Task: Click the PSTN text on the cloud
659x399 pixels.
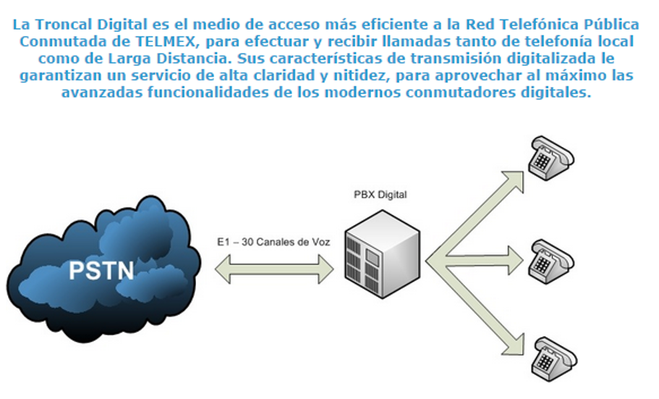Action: pos(101,270)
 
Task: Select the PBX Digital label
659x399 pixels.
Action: pos(380,196)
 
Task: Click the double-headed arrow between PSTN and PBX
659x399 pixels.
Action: pos(275,270)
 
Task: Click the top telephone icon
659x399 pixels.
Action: pos(551,156)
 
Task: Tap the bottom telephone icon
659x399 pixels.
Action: pos(553,356)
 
